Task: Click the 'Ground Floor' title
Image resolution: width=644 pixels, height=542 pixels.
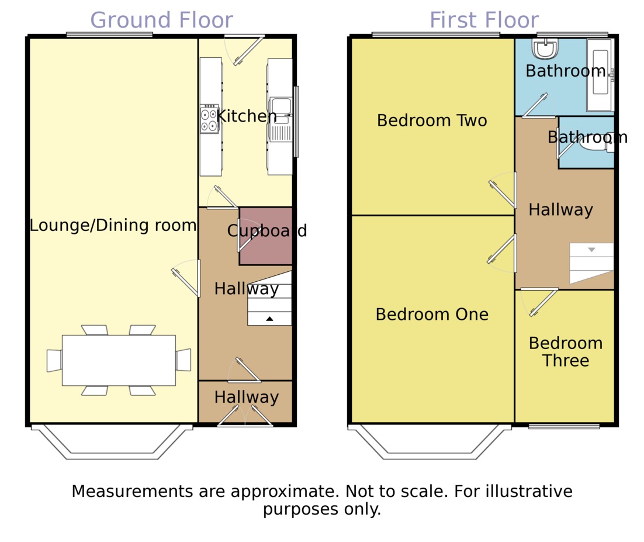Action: pos(161,20)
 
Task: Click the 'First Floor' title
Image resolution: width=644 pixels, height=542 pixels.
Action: pos(484,20)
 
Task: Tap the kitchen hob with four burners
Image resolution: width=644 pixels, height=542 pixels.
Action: pos(209,119)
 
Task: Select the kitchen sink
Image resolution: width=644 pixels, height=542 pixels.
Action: pos(281,119)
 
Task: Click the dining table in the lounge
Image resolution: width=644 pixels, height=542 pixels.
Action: pos(119,360)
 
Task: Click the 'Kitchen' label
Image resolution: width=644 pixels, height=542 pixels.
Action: pos(247,116)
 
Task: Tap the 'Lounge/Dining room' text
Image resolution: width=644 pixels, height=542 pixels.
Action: pos(113,226)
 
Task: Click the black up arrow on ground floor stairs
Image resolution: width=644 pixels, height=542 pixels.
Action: pos(269,319)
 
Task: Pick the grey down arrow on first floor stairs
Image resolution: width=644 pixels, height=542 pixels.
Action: pos(591,250)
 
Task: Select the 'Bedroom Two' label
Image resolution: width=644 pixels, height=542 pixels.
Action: pos(432,120)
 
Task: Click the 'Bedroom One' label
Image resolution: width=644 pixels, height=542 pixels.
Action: pos(432,315)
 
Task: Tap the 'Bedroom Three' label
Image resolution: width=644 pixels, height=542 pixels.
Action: pos(566,352)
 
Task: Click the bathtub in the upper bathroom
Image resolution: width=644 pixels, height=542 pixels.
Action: pos(600,75)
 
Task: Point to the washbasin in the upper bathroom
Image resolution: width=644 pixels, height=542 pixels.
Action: pos(545,49)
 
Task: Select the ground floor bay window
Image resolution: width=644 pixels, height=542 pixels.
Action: pos(112,442)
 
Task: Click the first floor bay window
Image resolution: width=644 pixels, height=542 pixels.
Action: pos(430,442)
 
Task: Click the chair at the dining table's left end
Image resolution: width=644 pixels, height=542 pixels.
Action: pos(54,361)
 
